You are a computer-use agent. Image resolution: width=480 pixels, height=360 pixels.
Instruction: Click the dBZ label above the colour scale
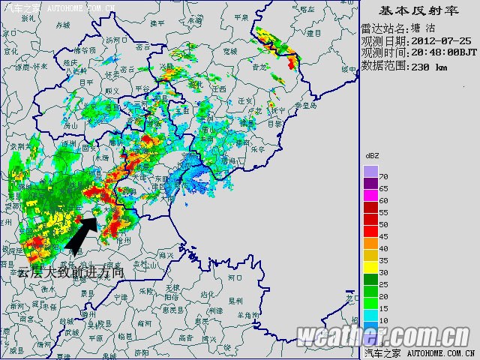pos(373,155)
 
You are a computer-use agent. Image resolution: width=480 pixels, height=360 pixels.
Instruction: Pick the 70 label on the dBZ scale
pos(383,176)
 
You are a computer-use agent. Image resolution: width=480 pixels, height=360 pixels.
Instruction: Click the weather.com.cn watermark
pos(384,335)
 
